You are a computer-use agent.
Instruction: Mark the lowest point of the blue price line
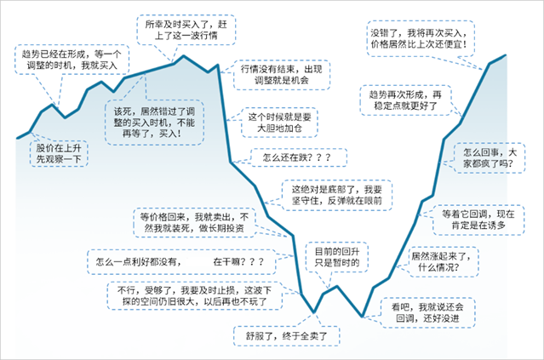362,317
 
